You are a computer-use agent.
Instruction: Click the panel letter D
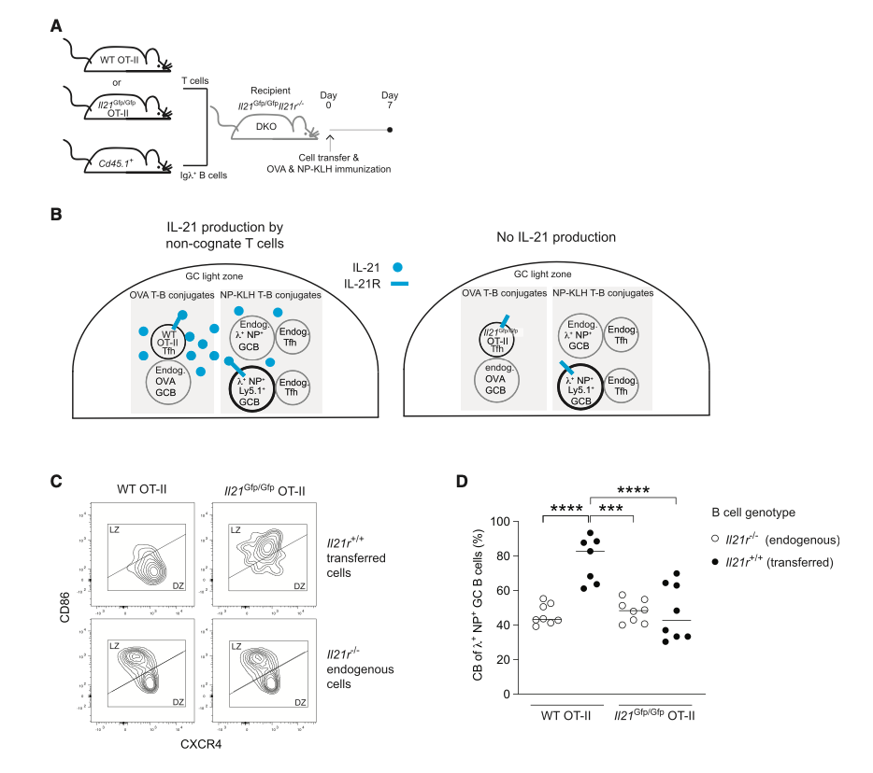pos(461,482)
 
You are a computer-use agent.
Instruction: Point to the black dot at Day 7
pos(390,131)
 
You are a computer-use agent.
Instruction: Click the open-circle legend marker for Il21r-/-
pos(714,539)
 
